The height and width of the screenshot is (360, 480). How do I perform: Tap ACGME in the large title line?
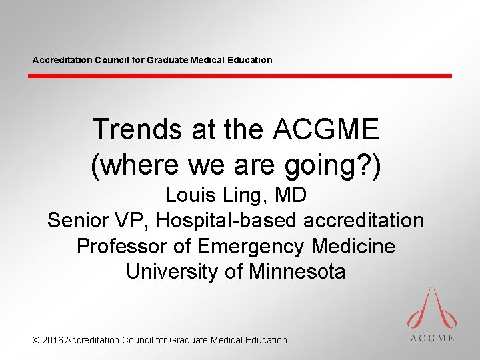pyautogui.click(x=326, y=129)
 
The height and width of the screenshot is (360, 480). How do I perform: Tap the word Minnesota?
pyautogui.click(x=297, y=271)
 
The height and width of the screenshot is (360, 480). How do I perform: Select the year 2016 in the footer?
pyautogui.click(x=53, y=340)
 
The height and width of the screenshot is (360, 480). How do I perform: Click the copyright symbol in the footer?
pyautogui.click(x=36, y=340)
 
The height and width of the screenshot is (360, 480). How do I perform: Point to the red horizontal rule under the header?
pyautogui.click(x=240, y=76)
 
